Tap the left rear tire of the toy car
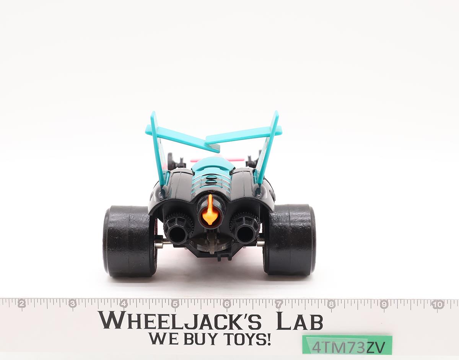[129, 241]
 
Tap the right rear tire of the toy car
[290, 239]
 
